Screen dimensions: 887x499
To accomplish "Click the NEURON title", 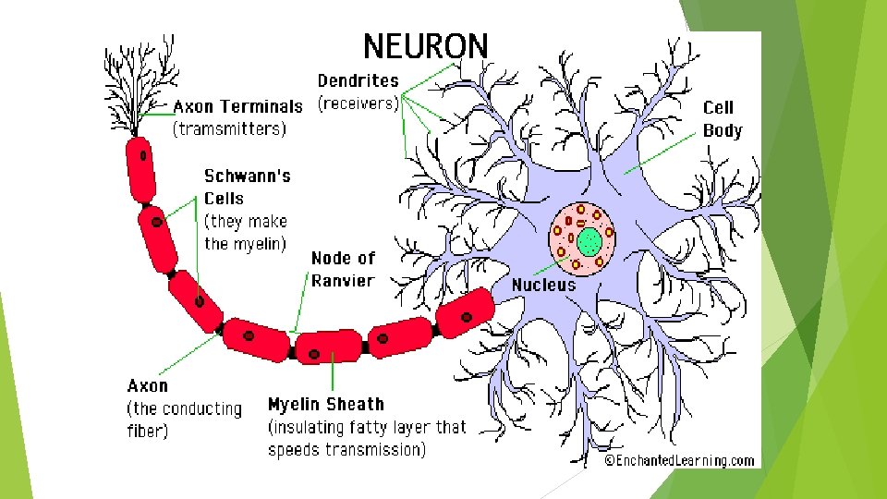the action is click(x=425, y=46).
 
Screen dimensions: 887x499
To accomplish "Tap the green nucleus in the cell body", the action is click(x=589, y=243).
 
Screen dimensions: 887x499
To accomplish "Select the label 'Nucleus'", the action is click(x=543, y=285).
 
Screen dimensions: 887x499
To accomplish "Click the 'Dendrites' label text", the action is click(x=358, y=81).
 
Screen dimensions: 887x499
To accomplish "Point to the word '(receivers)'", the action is click(x=358, y=103).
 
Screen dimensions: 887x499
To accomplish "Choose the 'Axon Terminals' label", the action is click(x=238, y=106).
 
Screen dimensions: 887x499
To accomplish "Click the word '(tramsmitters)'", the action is click(x=229, y=129).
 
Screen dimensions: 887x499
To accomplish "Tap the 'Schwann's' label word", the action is click(x=248, y=176).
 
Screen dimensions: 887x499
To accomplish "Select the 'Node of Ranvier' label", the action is click(x=343, y=269).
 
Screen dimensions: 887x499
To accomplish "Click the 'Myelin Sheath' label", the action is click(x=326, y=404).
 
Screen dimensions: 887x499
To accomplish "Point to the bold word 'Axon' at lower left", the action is click(x=148, y=386).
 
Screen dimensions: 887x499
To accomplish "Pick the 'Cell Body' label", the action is click(x=723, y=119).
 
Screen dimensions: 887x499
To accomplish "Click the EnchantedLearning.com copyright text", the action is click(x=679, y=460).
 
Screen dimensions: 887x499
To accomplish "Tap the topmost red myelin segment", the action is click(x=140, y=169).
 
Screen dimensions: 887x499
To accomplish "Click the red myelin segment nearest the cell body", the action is click(x=465, y=313).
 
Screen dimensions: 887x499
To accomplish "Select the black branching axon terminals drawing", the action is click(x=140, y=85).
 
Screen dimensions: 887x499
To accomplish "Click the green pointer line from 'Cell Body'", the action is click(x=660, y=153).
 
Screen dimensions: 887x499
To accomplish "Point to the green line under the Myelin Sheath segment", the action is click(x=333, y=371).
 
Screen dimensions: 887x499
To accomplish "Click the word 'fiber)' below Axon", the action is click(x=148, y=432).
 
